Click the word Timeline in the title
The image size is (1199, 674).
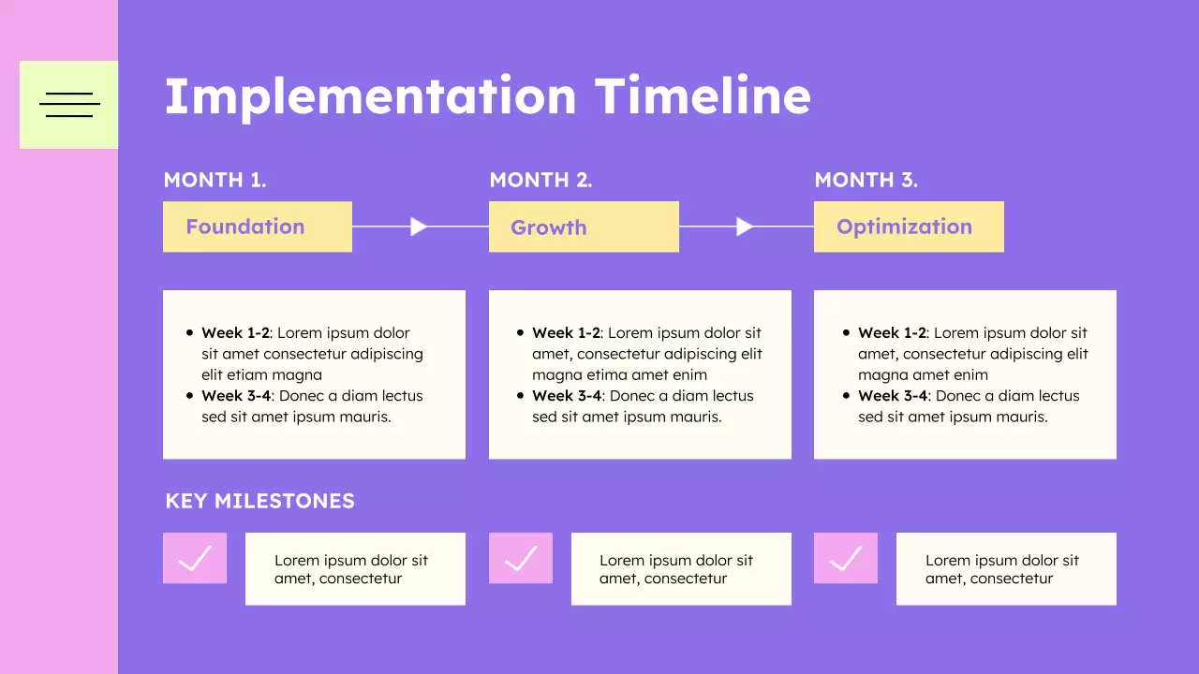tap(703, 95)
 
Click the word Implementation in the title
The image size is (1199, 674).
tap(370, 95)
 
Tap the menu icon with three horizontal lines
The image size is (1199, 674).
tap(69, 105)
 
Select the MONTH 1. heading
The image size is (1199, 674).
tap(215, 181)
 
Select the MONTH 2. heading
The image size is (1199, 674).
tap(540, 181)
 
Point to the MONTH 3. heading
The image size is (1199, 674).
tap(866, 181)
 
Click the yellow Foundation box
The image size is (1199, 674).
tap(258, 227)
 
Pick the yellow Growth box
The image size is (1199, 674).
tap(584, 227)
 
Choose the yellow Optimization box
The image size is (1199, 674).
tap(909, 227)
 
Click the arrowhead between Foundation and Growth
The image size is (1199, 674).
tap(419, 227)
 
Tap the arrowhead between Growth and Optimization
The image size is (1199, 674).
tap(745, 227)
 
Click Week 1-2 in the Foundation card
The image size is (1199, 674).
tap(235, 333)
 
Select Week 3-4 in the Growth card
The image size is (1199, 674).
tap(566, 396)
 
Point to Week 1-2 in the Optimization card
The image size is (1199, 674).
tap(892, 333)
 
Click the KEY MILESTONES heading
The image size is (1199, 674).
tap(259, 501)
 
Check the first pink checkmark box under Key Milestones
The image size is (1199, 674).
tap(195, 559)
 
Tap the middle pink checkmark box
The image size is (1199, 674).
tap(521, 559)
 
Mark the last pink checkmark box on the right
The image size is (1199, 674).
tap(846, 559)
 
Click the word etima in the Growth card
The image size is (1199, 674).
tap(604, 375)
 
